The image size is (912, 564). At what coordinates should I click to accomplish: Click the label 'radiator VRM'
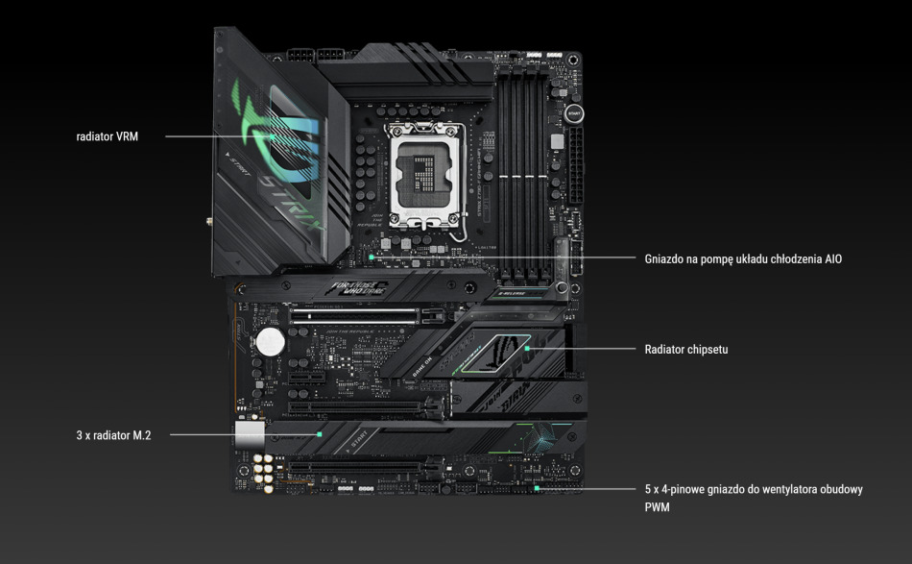pos(107,136)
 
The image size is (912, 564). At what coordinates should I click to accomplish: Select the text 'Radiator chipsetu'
pos(685,349)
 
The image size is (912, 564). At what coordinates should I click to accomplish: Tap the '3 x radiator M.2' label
pos(113,435)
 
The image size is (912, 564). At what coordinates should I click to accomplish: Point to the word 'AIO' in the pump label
pos(832,258)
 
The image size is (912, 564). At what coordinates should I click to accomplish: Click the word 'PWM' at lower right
pos(658,506)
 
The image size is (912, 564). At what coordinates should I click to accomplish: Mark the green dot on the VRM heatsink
pos(275,136)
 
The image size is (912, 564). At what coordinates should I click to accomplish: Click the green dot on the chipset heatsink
pos(528,349)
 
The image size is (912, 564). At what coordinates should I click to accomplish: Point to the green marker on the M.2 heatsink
pos(320,434)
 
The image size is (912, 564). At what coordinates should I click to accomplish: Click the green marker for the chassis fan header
pos(537,489)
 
